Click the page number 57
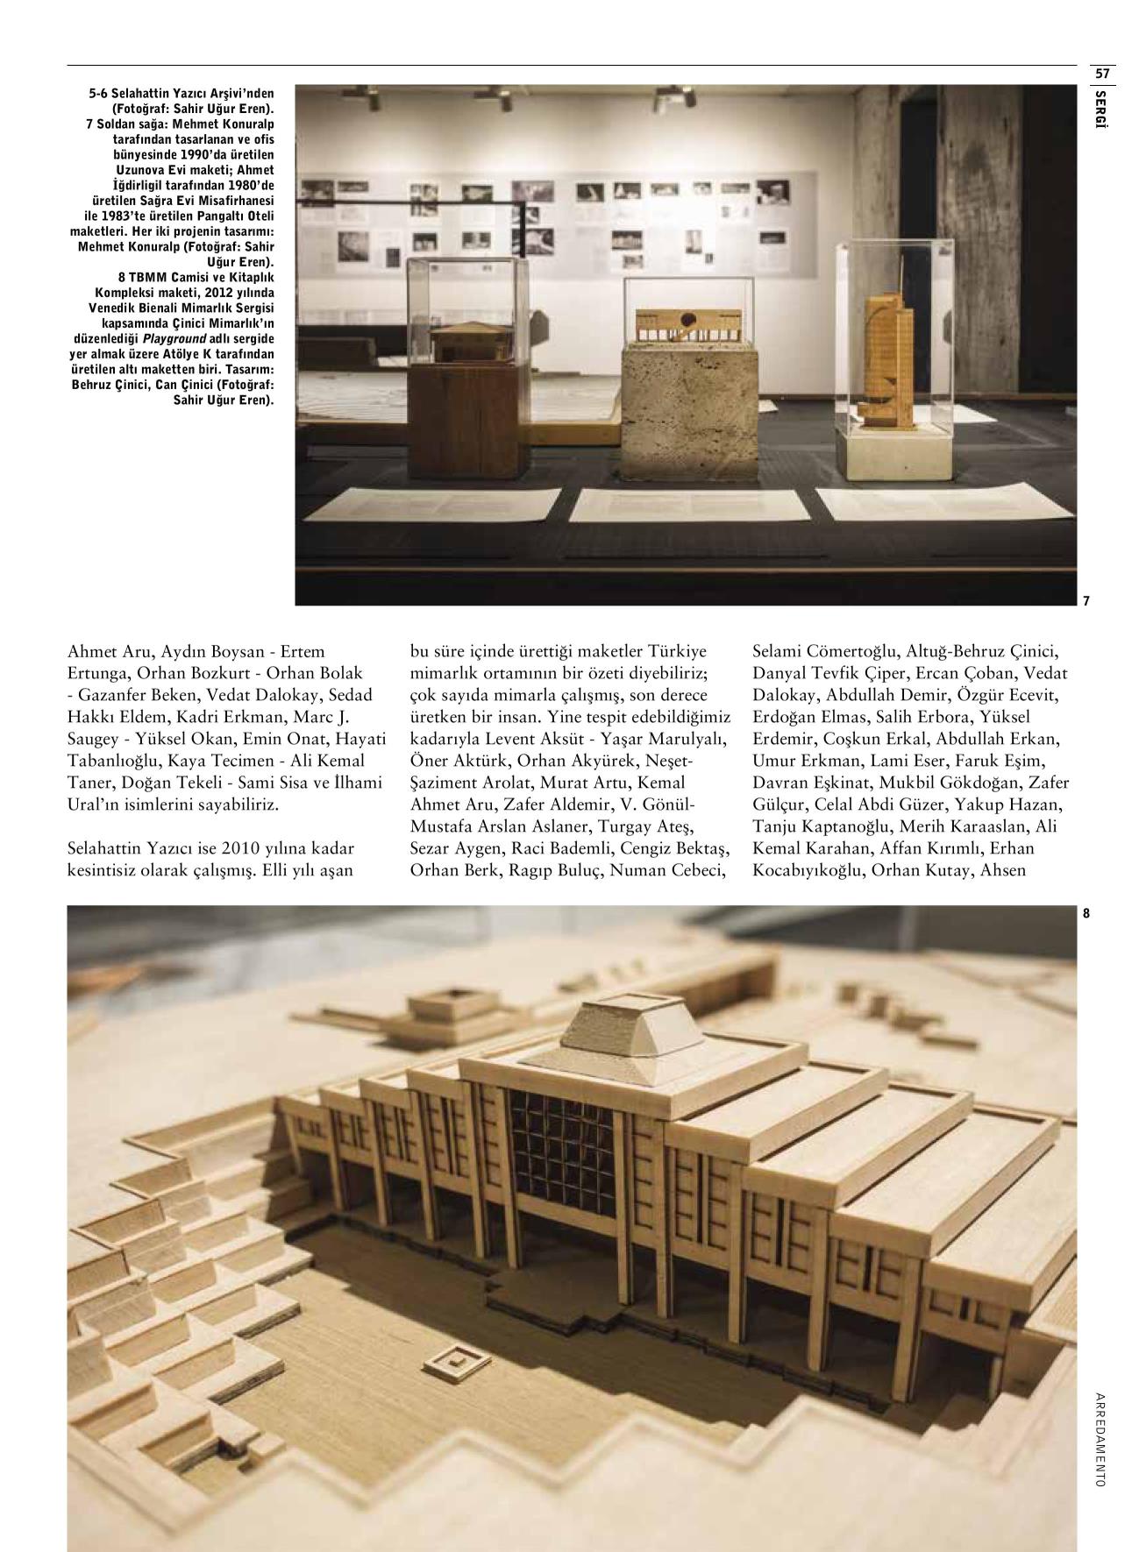pyautogui.click(x=1102, y=74)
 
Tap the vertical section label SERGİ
pyautogui.click(x=1101, y=110)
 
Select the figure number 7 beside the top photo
pyautogui.click(x=1086, y=601)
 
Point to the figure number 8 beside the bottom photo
pyautogui.click(x=1086, y=913)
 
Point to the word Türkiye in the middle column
pyautogui.click(x=678, y=652)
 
